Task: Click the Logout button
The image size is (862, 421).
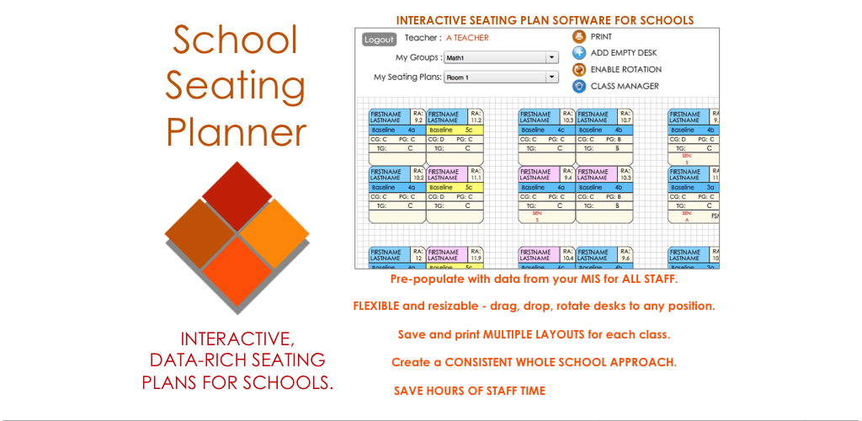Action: point(379,40)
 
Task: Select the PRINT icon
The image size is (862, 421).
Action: point(579,37)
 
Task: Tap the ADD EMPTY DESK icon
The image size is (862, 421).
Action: point(579,53)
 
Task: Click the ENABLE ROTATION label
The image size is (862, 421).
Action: point(625,69)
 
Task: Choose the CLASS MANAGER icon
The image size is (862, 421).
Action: point(579,86)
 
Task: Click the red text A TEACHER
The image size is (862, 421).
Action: point(467,38)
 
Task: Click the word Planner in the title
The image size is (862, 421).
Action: point(236,131)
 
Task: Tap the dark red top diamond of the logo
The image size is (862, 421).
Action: point(237,195)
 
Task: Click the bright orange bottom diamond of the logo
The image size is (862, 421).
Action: point(238,269)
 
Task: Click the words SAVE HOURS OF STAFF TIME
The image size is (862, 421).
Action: point(470,391)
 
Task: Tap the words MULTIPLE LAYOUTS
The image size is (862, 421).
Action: point(535,334)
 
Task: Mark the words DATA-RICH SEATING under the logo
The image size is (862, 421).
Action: point(237,360)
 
